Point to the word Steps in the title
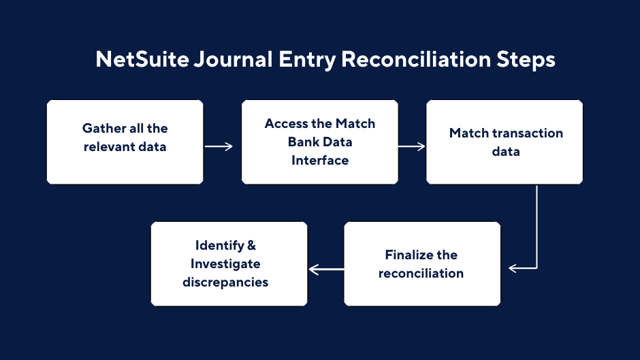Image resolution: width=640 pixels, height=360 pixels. click(526, 59)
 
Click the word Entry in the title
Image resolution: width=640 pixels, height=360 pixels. click(306, 59)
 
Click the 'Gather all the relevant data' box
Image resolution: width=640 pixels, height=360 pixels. click(125, 142)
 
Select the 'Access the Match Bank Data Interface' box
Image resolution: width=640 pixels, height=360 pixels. click(320, 142)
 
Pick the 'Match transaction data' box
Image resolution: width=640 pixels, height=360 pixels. click(505, 142)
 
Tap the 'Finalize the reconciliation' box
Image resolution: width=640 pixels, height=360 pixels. click(422, 263)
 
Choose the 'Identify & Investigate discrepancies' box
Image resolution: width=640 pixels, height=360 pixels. click(229, 263)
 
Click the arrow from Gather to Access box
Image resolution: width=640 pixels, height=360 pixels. click(219, 146)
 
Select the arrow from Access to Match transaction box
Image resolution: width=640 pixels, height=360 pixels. click(412, 146)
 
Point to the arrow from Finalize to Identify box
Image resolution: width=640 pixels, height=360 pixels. click(326, 269)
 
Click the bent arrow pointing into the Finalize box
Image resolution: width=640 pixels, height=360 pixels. click(537, 231)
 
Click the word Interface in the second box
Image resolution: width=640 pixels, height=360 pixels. click(320, 161)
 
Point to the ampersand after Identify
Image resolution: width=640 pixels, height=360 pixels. click(251, 245)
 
